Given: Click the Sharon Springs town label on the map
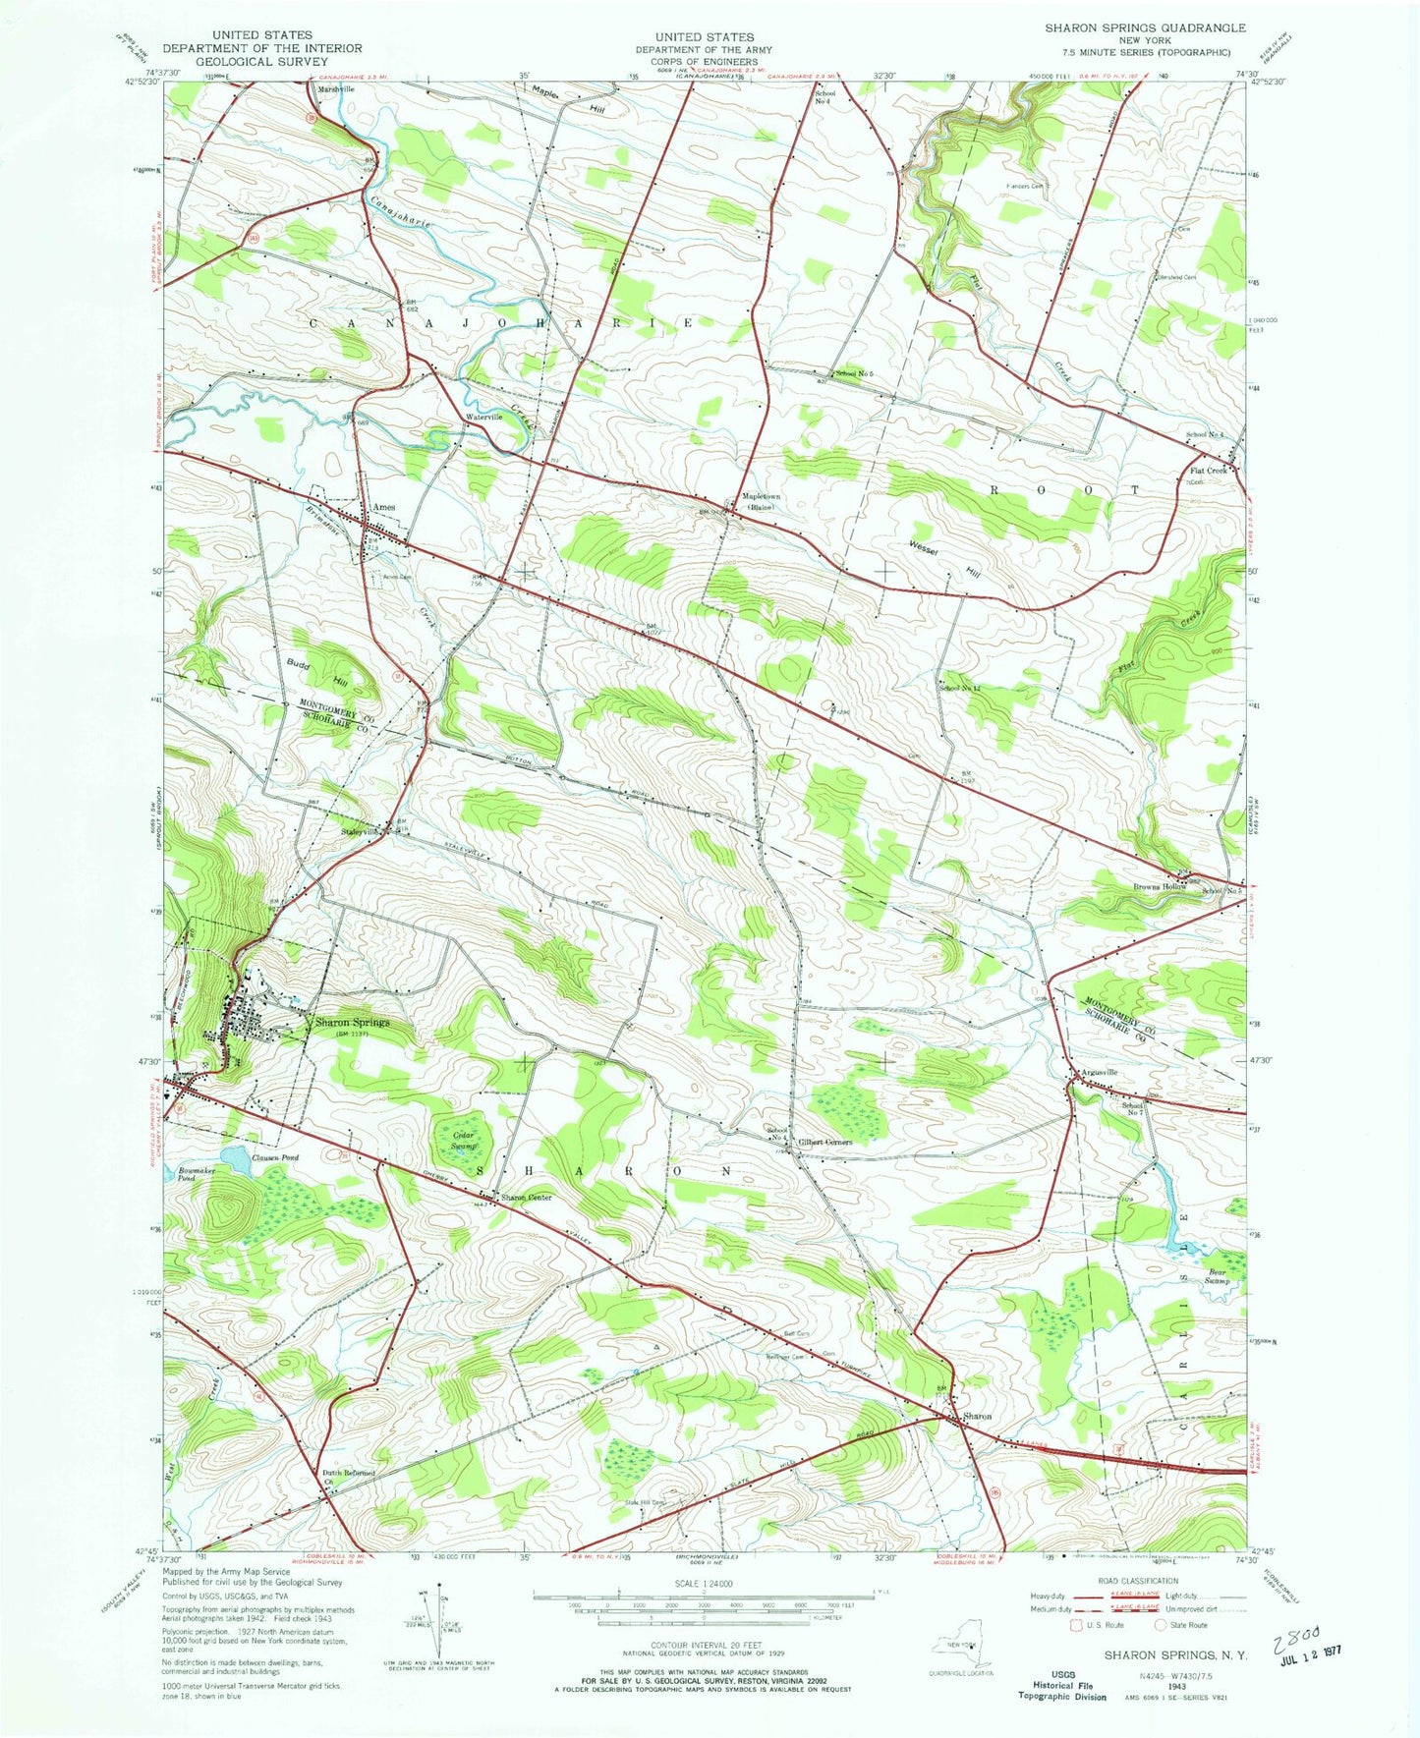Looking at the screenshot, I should [x=352, y=1022].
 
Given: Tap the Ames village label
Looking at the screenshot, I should [x=383, y=507].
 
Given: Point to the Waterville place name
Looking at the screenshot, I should [x=483, y=417].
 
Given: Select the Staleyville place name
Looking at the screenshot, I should [x=358, y=831].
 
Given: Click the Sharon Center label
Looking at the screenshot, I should [x=526, y=1198].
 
